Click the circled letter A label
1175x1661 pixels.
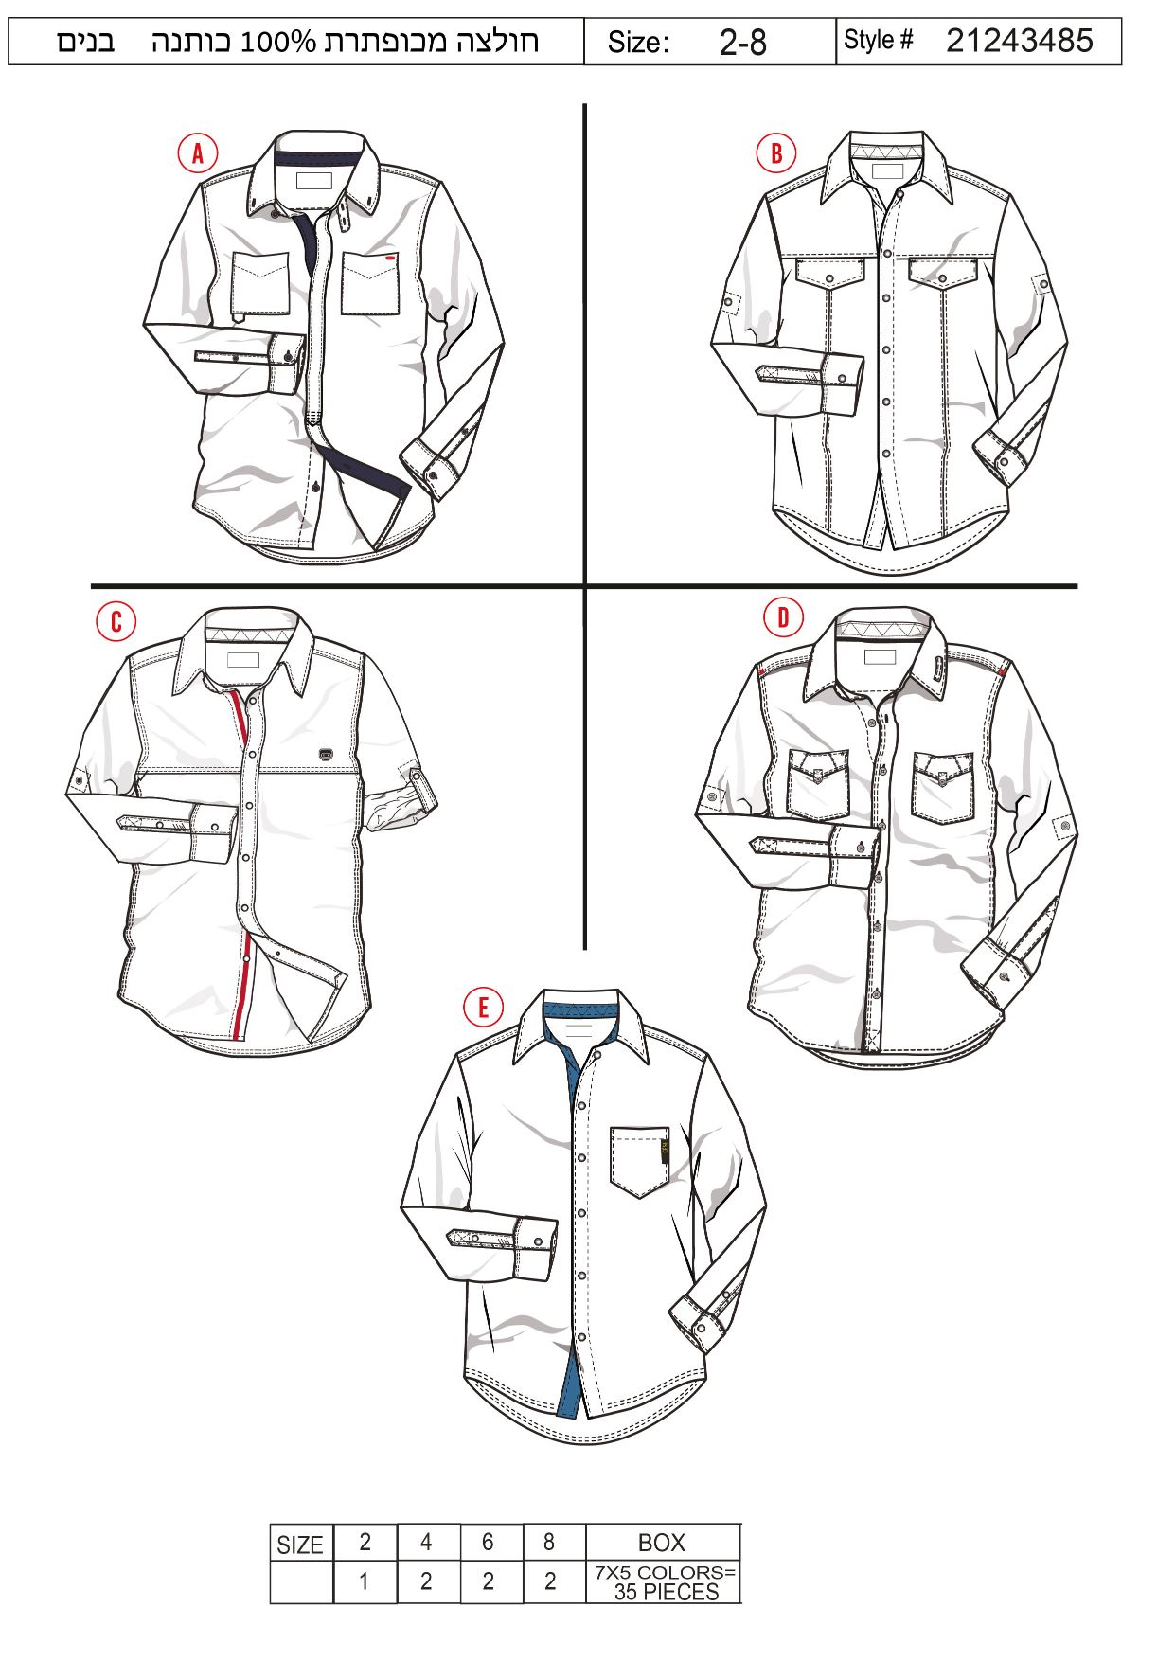click(x=197, y=153)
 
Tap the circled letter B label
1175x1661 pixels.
click(x=776, y=153)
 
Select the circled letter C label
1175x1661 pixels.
click(x=116, y=621)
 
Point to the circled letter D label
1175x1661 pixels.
click(x=783, y=618)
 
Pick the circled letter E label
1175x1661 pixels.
click(x=483, y=1007)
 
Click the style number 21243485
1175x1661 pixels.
click(x=1019, y=41)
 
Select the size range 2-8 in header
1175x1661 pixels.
click(x=742, y=43)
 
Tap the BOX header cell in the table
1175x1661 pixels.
click(x=662, y=1543)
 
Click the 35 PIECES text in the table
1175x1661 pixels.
click(x=667, y=1592)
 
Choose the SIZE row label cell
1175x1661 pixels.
click(x=300, y=1545)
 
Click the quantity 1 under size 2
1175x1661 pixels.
click(x=364, y=1582)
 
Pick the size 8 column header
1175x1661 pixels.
click(x=549, y=1543)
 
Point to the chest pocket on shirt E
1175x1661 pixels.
click(x=640, y=1161)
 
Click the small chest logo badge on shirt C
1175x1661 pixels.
click(x=326, y=754)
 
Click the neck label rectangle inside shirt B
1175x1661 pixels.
click(x=887, y=172)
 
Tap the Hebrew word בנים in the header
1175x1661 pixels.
click(x=86, y=42)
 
